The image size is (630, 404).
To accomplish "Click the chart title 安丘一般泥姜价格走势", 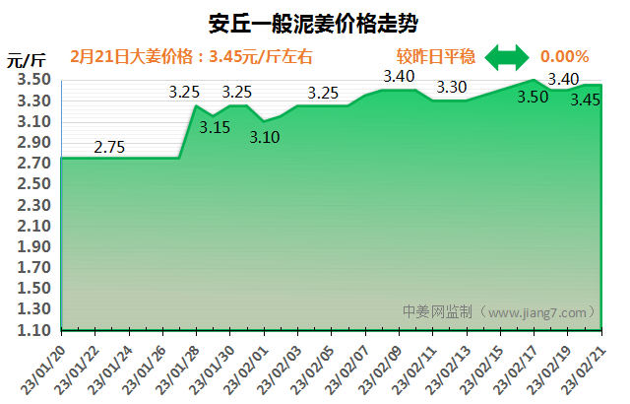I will pyautogui.click(x=314, y=23).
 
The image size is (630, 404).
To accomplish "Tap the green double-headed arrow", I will pyautogui.click(x=506, y=57).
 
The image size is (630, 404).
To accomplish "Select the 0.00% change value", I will pyautogui.click(x=565, y=57).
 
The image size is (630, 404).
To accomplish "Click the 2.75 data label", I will pyautogui.click(x=109, y=148).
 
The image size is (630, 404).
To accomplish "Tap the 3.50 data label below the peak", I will pyautogui.click(x=533, y=97).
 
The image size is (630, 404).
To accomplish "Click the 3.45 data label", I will pyautogui.click(x=586, y=100).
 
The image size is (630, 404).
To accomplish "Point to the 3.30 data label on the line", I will pyautogui.click(x=452, y=87).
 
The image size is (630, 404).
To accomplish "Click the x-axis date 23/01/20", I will pyautogui.click(x=45, y=369).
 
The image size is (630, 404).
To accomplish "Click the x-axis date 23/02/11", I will pyautogui.click(x=416, y=369).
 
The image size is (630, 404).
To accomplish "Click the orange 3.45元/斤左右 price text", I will pyautogui.click(x=261, y=57).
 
